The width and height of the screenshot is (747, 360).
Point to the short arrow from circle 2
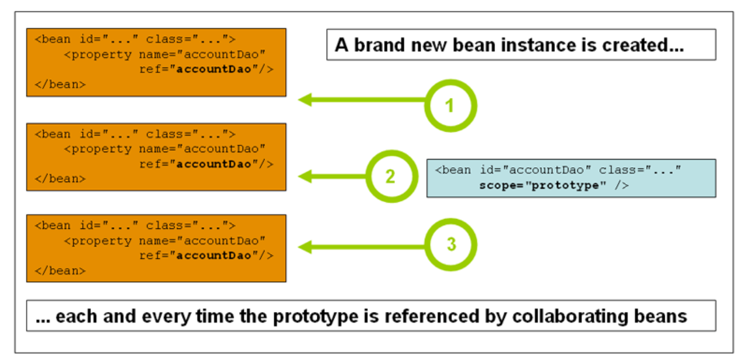click(x=332, y=177)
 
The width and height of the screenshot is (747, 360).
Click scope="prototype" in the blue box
click(x=539, y=185)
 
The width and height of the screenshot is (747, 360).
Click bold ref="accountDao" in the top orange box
click(x=206, y=69)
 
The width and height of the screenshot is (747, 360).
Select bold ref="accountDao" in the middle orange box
click(x=206, y=164)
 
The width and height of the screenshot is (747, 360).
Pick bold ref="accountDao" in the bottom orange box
click(x=206, y=256)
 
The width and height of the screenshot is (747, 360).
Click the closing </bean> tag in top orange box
click(x=60, y=85)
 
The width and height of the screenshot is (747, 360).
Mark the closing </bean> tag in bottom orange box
click(x=60, y=271)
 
